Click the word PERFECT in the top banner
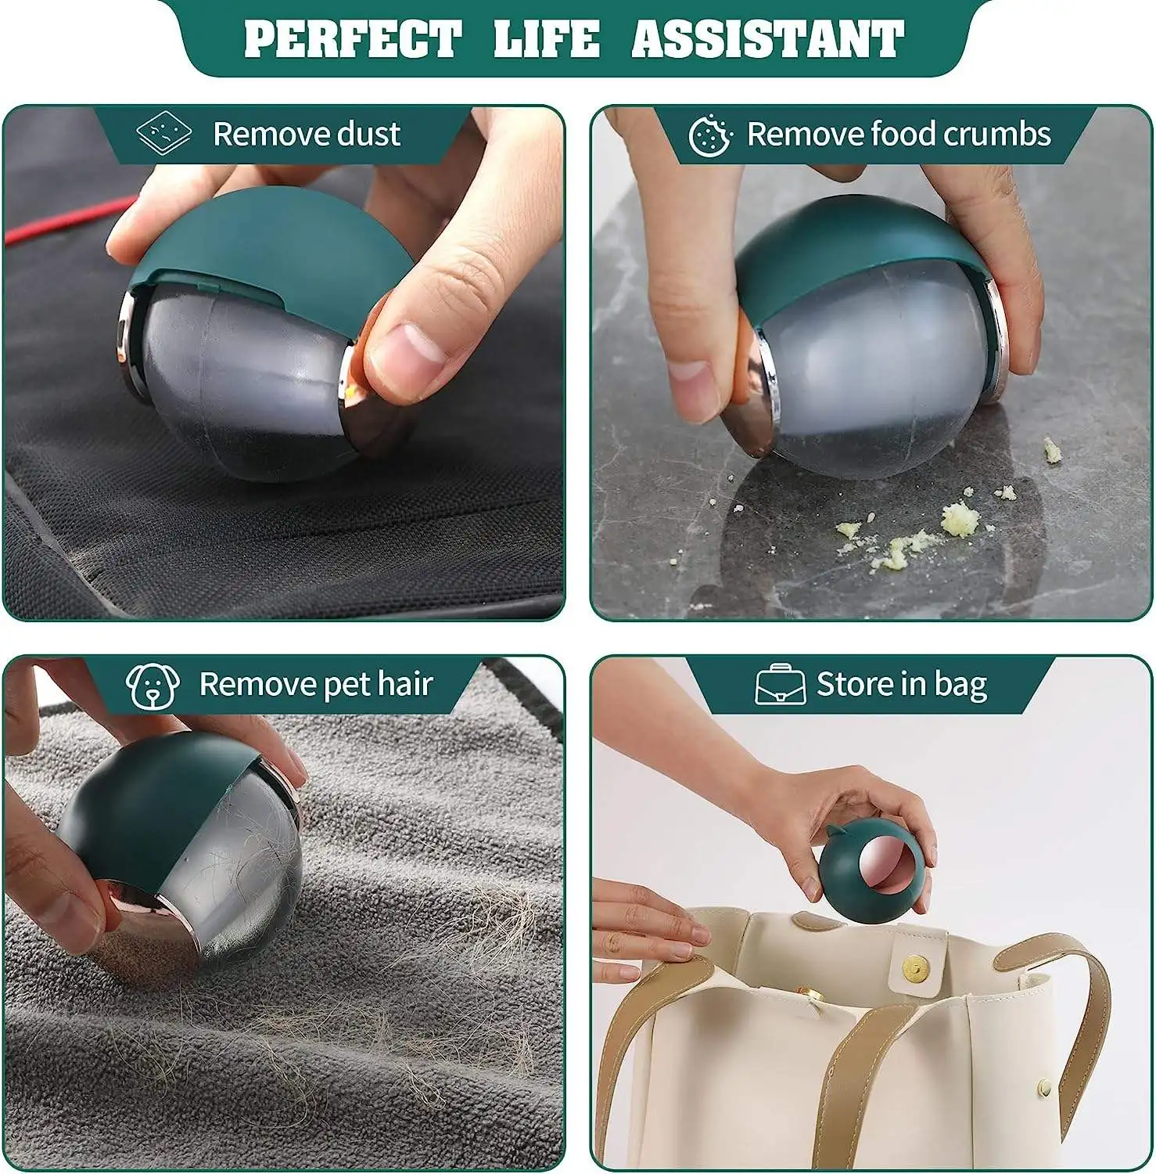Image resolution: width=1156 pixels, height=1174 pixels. [x=353, y=39]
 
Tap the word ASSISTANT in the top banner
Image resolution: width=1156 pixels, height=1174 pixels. [x=767, y=39]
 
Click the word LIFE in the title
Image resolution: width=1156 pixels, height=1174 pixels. [x=547, y=39]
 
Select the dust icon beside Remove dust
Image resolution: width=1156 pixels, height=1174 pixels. [x=163, y=134]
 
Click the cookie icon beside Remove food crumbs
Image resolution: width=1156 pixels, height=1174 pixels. [x=710, y=135]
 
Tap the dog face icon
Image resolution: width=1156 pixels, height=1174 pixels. [x=153, y=685]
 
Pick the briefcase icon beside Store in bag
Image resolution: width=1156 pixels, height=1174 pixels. [x=780, y=685]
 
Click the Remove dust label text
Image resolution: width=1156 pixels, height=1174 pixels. [x=307, y=135]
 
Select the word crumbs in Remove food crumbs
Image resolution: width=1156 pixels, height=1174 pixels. [x=997, y=135]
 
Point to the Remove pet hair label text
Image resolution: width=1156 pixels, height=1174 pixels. [x=315, y=685]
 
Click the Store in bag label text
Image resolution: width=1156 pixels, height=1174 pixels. [x=902, y=685]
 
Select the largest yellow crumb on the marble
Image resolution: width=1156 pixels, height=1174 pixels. [x=960, y=518]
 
